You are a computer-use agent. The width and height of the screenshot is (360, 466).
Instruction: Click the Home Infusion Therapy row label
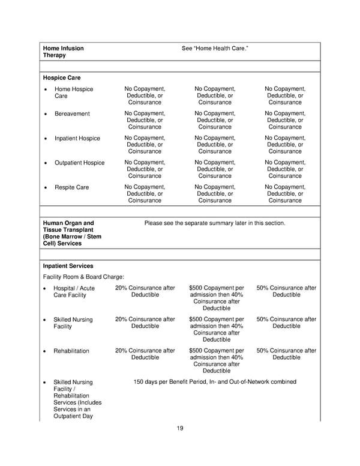point(63,52)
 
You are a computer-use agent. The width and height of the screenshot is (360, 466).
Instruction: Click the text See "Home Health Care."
point(215,48)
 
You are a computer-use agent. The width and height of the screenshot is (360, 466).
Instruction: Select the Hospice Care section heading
point(62,77)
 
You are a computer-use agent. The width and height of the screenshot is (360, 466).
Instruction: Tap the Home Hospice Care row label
point(74,92)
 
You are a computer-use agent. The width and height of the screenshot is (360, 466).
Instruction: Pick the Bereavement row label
point(72,113)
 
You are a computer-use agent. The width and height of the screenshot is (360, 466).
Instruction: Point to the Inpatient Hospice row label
point(77,138)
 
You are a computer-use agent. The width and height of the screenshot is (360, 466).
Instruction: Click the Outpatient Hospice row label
point(79,163)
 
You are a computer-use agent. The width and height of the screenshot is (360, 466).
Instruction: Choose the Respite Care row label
point(71,187)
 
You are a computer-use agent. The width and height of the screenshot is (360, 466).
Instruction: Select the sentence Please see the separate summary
point(215,223)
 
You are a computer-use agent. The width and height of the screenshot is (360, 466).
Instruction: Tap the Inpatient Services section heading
point(68,265)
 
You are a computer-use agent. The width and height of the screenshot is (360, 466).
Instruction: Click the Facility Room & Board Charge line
point(83,277)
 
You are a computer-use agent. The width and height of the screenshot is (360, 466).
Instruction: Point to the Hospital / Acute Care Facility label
point(74,292)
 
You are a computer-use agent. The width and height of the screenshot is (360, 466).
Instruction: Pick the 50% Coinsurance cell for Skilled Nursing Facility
point(286,323)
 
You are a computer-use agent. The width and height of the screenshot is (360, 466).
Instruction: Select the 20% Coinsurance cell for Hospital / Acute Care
point(145,292)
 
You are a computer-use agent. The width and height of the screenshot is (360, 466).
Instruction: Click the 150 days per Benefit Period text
point(215,382)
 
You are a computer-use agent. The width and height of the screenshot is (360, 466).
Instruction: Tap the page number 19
point(180,428)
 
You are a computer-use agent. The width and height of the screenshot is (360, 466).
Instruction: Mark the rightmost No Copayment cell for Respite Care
point(285,194)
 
